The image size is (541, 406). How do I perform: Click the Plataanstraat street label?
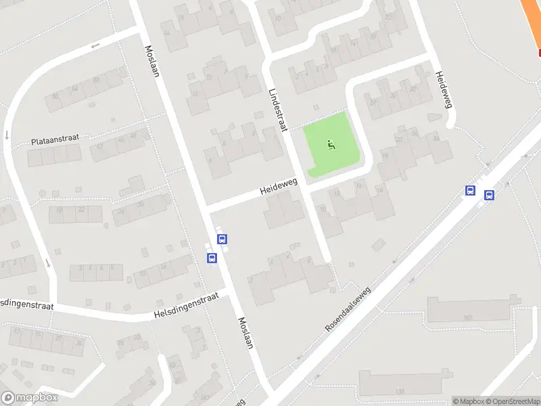pos(55,140)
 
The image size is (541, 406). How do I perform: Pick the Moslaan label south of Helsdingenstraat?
pos(245,333)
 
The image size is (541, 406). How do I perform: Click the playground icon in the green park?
pos(331,143)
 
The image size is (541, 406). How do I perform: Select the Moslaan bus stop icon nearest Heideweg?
pos(222,239)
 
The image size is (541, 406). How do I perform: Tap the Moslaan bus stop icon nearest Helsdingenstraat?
pos(212,258)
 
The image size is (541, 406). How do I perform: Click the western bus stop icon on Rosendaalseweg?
pos(470,191)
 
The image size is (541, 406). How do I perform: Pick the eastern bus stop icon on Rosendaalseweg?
pos(489,196)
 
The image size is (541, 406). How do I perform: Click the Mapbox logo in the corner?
pos(30,398)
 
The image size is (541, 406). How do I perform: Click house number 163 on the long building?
pos(467,317)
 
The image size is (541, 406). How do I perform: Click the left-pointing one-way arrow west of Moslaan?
pos(94,45)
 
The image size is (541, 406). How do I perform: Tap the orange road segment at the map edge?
pos(531,17)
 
